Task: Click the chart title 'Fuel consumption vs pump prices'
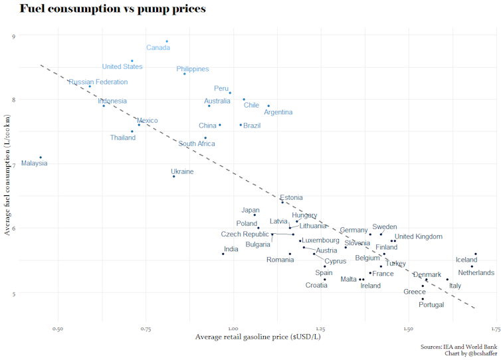coord(112,9)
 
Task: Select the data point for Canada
coord(167,41)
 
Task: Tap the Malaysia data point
coord(41,157)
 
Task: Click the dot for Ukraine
coord(173,177)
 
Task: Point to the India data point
coord(223,254)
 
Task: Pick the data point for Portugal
coord(423,299)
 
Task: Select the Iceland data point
coord(476,254)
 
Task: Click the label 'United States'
coord(122,66)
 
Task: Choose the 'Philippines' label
coord(193,69)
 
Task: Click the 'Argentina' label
coord(278,112)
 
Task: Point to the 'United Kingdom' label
coord(419,236)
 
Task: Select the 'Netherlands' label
coord(476,273)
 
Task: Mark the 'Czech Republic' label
coord(245,234)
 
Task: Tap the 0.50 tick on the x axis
coord(58,329)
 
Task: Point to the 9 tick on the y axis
coord(14,36)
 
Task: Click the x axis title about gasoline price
coord(258,337)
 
